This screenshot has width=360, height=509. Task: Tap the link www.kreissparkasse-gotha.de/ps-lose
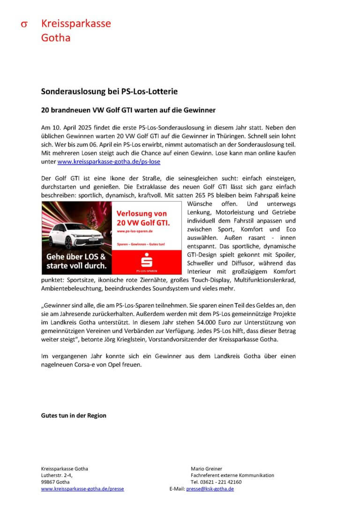point(109,161)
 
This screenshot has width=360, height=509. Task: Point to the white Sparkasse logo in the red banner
point(146,261)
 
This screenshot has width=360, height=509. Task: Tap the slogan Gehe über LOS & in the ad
point(75,257)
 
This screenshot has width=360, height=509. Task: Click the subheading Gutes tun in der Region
point(74,415)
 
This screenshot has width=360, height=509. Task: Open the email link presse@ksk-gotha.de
point(210,489)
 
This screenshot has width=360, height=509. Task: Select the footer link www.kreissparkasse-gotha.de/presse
point(82,489)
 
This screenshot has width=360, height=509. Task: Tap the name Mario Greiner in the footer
point(206,468)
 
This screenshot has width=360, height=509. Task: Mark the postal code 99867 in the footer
point(49,482)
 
